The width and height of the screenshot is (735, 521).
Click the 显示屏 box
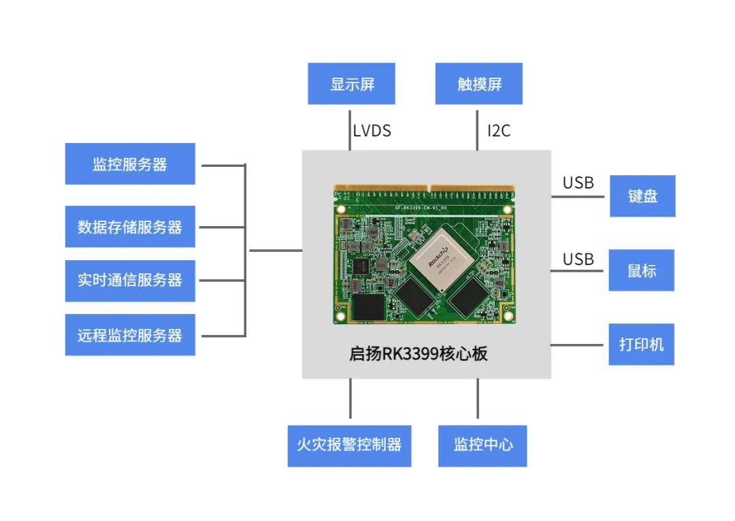tap(351, 84)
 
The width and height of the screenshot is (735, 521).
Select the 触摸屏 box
tap(479, 84)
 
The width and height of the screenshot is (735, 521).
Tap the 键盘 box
tap(642, 196)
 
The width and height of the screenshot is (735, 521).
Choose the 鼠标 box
tap(642, 270)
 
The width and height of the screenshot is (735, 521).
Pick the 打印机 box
tap(641, 344)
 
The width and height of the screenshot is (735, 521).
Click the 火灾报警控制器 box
tap(349, 445)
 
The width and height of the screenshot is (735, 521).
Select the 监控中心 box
tap(483, 445)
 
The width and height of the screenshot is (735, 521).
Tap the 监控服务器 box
tap(130, 164)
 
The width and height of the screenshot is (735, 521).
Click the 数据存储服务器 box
tap(130, 227)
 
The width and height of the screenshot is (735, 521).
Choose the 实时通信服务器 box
tap(130, 281)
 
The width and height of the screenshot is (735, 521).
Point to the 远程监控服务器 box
tap(130, 335)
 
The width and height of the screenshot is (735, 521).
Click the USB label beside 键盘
tap(578, 183)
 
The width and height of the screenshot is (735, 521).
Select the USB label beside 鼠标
tap(578, 259)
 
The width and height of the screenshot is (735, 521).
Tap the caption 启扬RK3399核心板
tap(419, 354)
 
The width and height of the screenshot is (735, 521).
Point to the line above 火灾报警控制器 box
tap(350, 398)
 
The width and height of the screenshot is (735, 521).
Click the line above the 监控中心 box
tap(478, 398)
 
